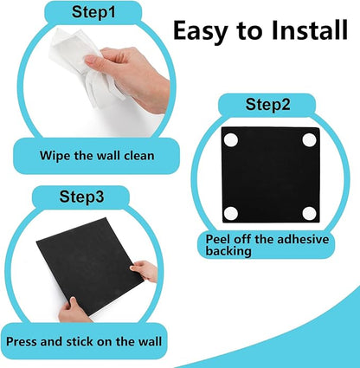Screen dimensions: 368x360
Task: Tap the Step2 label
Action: pos(269,106)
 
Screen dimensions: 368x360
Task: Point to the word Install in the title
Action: pos(296,31)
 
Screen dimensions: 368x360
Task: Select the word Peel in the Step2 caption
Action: pos(219,238)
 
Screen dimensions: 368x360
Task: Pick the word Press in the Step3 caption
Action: pos(26,340)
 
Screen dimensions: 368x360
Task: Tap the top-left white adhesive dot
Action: pos(231,139)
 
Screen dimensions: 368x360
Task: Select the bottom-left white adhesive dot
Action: pos(231,213)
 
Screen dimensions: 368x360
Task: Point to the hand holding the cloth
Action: pos(143,74)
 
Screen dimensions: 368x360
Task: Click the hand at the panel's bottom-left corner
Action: pos(73,307)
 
